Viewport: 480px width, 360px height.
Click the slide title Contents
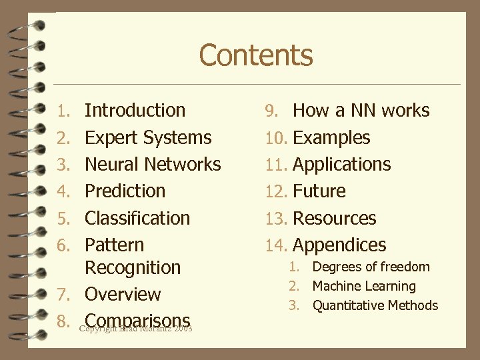255,55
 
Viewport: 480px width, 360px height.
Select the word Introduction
135,111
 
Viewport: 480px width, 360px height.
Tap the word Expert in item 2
110,138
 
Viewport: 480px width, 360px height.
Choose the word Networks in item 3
183,165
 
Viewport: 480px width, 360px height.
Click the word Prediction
125,191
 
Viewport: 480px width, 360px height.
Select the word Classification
137,219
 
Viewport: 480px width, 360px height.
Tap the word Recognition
133,268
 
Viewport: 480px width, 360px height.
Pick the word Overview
123,295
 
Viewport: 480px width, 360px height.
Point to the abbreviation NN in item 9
363,111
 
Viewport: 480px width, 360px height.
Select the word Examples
331,138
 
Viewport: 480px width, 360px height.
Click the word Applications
342,165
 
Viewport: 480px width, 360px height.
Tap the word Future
319,191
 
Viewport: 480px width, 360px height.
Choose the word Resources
335,219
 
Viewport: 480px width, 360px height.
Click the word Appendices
339,245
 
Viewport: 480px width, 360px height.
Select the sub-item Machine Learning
364,287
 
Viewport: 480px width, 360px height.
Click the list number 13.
276,219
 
